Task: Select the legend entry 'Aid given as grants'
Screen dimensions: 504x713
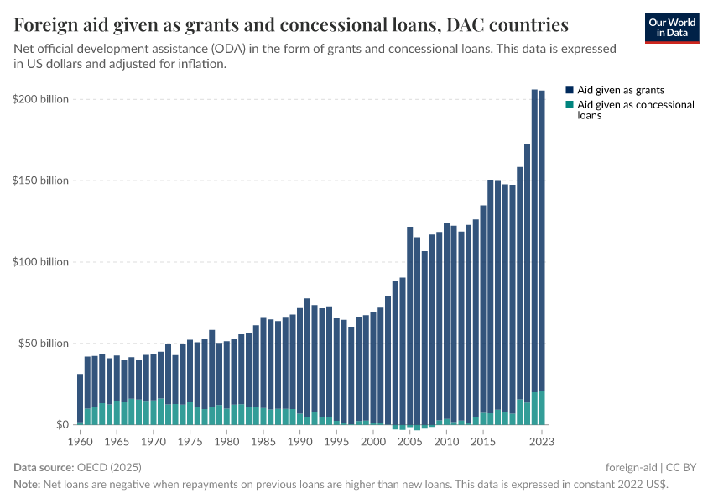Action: [x=621, y=89]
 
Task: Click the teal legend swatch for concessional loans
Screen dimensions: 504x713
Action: [x=570, y=105]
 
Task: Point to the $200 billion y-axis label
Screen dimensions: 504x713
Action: [x=40, y=99]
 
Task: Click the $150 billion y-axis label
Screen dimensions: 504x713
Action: [x=40, y=181]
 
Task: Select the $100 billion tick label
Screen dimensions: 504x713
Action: [x=40, y=262]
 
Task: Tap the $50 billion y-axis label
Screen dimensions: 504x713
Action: [x=43, y=344]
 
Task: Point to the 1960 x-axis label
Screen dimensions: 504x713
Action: [x=81, y=441]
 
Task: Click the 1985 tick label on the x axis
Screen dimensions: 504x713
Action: [x=263, y=441]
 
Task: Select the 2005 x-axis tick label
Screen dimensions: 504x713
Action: [x=409, y=441]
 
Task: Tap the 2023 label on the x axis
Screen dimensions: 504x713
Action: [x=542, y=441]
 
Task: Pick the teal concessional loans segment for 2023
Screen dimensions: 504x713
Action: [x=542, y=408]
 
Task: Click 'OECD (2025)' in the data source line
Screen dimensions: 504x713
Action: [x=108, y=467]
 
